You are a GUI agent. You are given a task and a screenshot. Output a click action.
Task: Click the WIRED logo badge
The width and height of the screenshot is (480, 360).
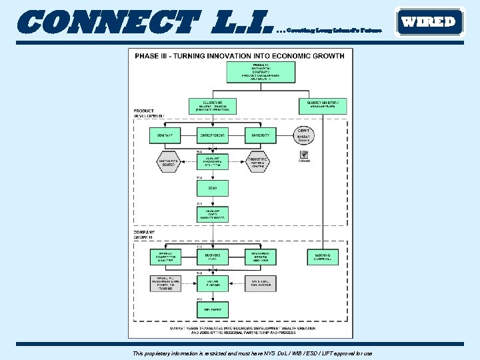(429, 21)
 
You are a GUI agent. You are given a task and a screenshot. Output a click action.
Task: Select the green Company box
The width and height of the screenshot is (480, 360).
(164, 135)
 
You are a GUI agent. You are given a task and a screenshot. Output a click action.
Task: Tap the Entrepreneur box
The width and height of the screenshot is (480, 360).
(212, 135)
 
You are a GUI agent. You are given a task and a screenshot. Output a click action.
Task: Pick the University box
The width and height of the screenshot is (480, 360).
(260, 135)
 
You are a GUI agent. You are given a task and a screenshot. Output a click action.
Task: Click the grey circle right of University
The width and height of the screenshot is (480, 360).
(303, 136)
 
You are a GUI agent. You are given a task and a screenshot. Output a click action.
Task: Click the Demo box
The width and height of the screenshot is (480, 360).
(212, 188)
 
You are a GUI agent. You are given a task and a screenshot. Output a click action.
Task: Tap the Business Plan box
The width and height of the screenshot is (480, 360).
(212, 257)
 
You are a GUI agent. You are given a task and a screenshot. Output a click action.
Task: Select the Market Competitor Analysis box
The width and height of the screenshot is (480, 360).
(164, 257)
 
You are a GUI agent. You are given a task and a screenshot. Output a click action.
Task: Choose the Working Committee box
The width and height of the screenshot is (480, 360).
(323, 257)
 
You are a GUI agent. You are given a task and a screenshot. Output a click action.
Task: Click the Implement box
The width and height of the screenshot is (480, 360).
(212, 309)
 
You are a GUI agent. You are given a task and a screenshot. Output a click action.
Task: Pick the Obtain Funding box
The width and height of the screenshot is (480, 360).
(212, 283)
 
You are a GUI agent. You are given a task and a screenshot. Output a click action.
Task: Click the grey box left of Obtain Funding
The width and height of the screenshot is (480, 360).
(164, 283)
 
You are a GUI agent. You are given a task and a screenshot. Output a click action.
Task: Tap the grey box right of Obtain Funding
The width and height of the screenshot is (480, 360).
(260, 283)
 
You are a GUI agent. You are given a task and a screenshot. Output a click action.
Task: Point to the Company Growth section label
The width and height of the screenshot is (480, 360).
(143, 235)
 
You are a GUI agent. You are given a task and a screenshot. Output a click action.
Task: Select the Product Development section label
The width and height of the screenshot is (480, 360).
(149, 113)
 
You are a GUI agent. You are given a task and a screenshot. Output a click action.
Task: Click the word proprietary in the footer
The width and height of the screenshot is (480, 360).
(161, 353)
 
